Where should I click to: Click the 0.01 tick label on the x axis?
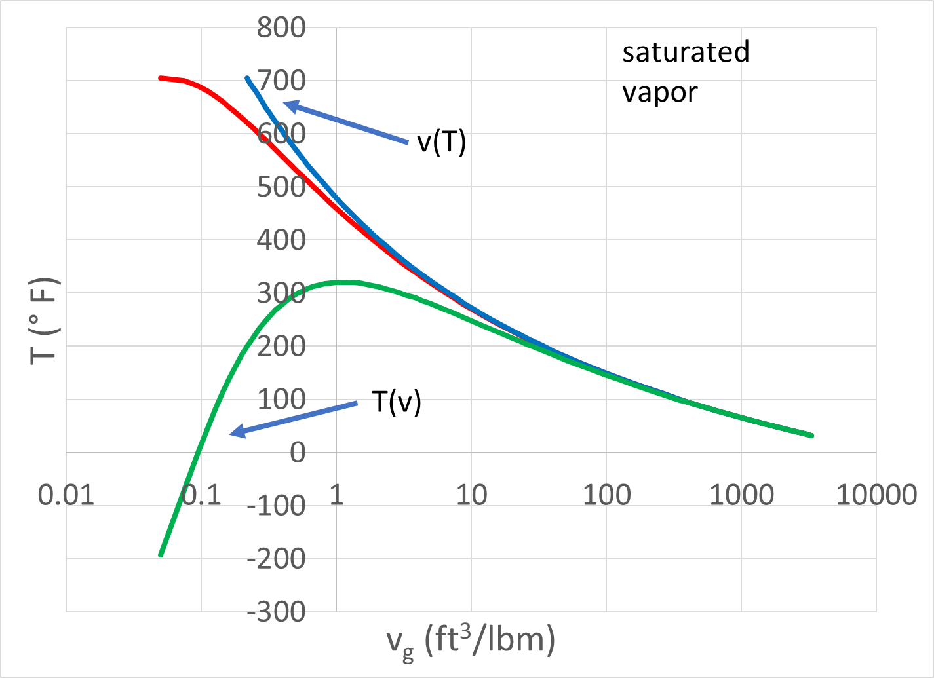point(66,495)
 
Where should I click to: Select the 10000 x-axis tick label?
point(876,495)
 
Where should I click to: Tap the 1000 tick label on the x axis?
point(741,495)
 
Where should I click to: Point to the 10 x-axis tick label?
point(471,495)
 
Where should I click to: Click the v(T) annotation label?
point(442,142)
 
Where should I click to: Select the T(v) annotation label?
point(397,402)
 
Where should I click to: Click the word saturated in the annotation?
point(686,52)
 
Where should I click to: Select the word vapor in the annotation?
point(659,92)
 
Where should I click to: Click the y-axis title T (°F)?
point(45,320)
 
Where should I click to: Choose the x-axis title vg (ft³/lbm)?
point(471,641)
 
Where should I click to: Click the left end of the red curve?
point(160,78)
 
